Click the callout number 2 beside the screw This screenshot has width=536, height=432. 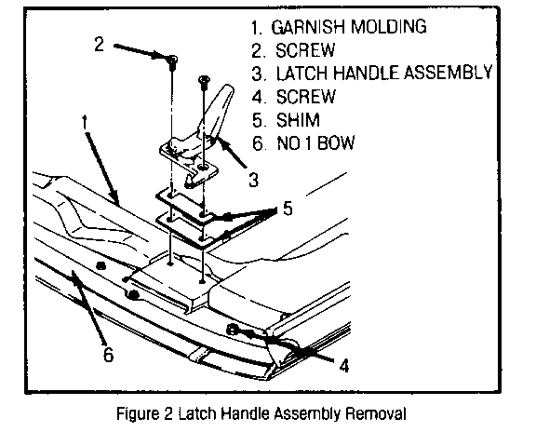tap(100, 44)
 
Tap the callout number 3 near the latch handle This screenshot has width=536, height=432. tap(254, 180)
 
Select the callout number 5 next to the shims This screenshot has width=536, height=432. tap(288, 208)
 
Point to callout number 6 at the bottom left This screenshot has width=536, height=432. tap(108, 355)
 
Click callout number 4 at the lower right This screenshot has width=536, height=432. tap(344, 365)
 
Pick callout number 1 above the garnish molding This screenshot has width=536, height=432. tap(85, 123)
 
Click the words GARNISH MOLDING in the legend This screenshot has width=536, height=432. tap(349, 27)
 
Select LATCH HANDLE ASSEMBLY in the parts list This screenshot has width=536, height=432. tap(384, 73)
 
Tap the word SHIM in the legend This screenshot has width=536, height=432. tap(298, 120)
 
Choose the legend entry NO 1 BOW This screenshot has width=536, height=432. tap(315, 142)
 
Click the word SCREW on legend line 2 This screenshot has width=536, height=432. tap(305, 50)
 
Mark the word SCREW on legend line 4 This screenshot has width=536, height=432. tap(305, 97)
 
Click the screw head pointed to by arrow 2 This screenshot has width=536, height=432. tap(173, 60)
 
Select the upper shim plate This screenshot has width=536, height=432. tap(184, 205)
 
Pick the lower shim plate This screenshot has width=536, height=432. tap(184, 230)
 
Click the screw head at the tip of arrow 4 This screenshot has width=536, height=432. tap(231, 329)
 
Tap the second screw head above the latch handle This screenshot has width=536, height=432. tap(204, 80)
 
